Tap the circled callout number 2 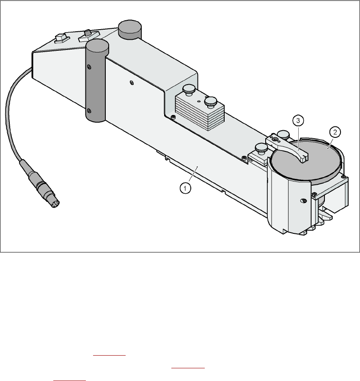coord(335,132)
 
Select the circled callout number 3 coord(298,121)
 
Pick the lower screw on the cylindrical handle coord(89,112)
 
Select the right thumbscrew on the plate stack coord(210,101)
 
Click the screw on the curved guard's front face coord(303,200)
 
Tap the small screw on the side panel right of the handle coord(132,82)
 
